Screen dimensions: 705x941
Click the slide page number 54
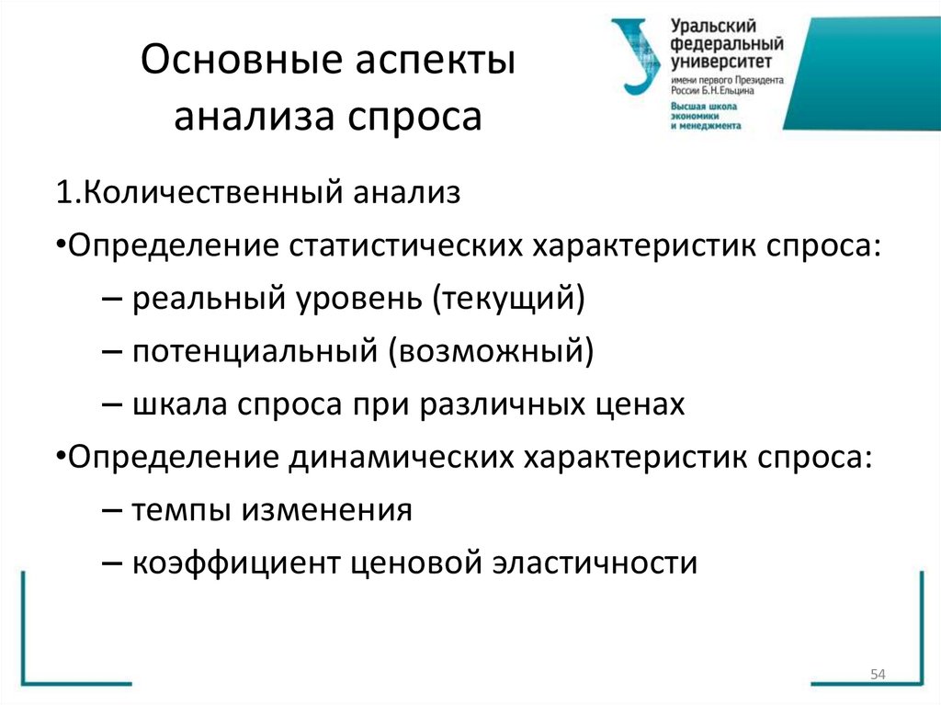pyautogui.click(x=877, y=677)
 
